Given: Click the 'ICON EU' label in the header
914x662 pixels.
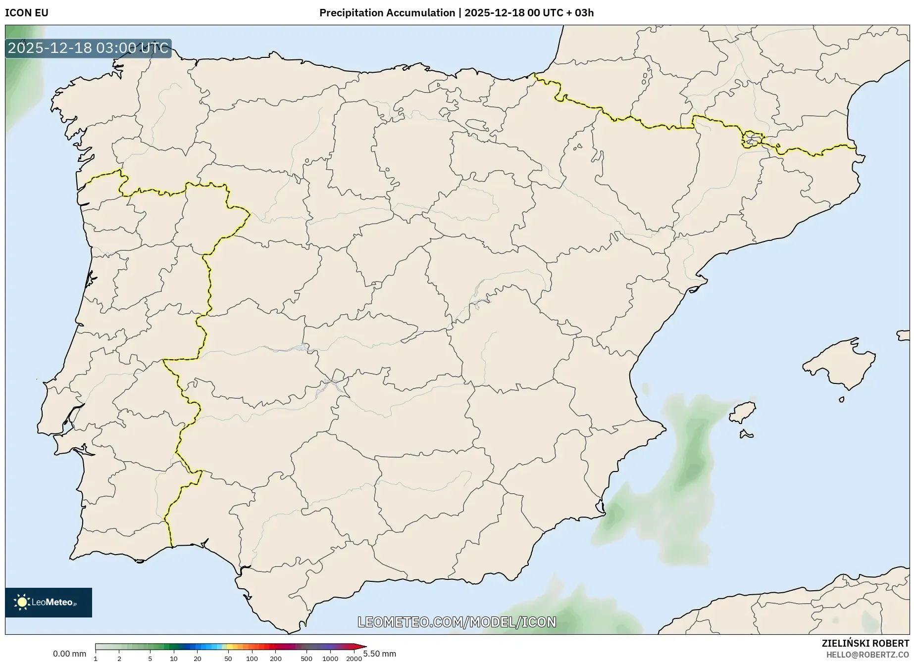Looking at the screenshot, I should click(27, 13).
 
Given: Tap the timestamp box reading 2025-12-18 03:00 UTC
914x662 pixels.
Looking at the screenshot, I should click(88, 48).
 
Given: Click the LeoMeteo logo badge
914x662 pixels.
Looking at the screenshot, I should click(49, 602).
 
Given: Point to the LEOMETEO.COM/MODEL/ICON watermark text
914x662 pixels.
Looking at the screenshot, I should click(457, 622).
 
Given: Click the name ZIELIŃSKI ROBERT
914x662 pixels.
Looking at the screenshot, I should click(865, 643).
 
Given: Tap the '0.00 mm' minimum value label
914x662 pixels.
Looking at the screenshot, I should click(69, 654).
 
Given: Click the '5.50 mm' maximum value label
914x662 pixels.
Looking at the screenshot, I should click(380, 654).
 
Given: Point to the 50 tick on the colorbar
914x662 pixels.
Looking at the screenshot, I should click(228, 658).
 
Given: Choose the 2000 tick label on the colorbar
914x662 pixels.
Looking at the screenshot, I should click(354, 658).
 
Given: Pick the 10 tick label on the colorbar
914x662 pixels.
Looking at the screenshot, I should click(173, 658).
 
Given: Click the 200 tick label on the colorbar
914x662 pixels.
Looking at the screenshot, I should click(276, 658).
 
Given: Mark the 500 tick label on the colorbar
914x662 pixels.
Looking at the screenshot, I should click(306, 658).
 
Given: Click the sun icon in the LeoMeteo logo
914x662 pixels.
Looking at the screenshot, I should click(22, 602).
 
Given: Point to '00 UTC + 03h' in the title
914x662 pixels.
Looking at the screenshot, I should click(561, 13).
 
